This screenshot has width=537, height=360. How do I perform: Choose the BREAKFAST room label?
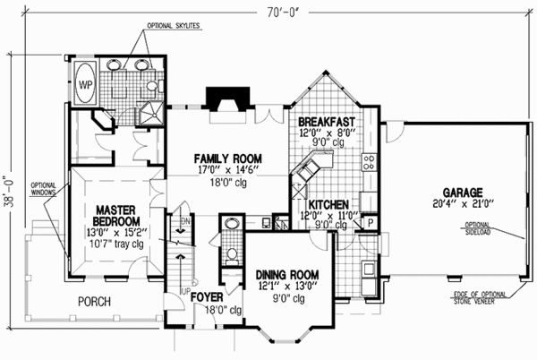328,121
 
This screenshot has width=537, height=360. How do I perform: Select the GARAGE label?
460,193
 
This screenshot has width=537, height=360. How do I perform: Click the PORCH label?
94,303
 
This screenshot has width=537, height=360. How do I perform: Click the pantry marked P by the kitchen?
372,221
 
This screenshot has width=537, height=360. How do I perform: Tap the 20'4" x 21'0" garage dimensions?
461,204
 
